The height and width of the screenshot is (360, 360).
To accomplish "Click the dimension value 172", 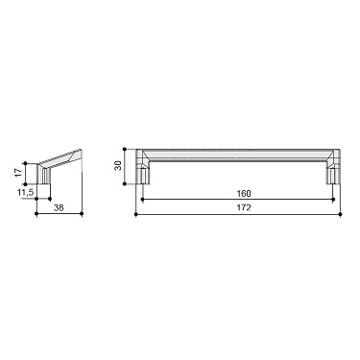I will coord(237,207).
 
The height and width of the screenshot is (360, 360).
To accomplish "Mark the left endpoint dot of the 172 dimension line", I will coord(135,213).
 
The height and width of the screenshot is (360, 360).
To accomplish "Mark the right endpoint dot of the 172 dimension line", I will coord(339,213).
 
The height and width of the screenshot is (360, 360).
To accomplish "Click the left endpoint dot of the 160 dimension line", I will coord(142,200).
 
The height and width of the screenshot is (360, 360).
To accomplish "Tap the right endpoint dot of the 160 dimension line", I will coord(332,200).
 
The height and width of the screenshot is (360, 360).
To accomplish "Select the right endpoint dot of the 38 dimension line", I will coord(85,213).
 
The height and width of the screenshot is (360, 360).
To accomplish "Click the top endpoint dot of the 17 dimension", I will coord(26,160).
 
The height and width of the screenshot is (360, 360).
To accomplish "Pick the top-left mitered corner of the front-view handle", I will coord(141,155).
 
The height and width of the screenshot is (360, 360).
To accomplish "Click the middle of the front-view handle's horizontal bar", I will coord(237,155).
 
